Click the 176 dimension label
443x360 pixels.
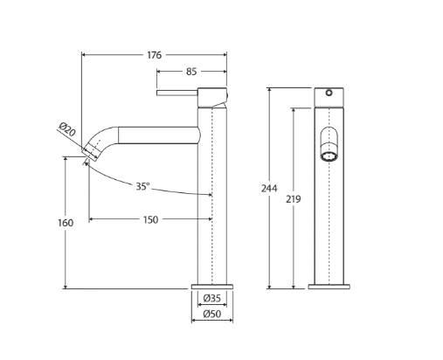[x=154, y=55]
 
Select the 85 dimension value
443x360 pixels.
[x=191, y=72]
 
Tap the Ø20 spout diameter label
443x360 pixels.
[x=67, y=129]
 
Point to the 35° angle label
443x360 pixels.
[x=142, y=186]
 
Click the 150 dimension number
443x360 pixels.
[x=150, y=219]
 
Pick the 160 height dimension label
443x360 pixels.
[x=66, y=223]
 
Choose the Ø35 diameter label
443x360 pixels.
[x=212, y=298]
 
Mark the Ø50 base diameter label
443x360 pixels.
[x=212, y=314]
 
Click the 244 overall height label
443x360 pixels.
[x=269, y=189]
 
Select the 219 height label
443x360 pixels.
[x=293, y=199]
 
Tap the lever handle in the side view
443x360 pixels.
[x=177, y=93]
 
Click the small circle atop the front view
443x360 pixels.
[x=329, y=93]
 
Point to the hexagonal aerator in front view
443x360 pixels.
[x=329, y=156]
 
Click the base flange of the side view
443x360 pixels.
[x=212, y=287]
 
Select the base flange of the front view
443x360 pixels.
[x=329, y=287]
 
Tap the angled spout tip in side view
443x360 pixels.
[x=91, y=152]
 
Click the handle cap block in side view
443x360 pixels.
[x=212, y=97]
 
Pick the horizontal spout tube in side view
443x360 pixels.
[x=159, y=135]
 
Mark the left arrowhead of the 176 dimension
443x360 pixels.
[x=84, y=55]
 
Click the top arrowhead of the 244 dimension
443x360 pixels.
[x=269, y=90]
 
